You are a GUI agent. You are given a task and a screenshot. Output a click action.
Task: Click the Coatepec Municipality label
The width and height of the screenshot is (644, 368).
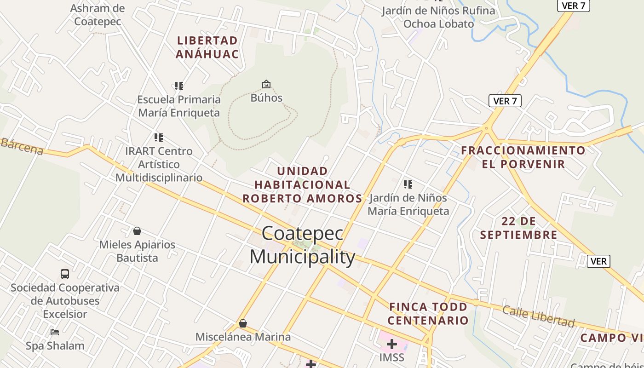tap(302, 245)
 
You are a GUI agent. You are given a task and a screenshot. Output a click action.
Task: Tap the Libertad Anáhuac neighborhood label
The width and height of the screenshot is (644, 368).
tap(207, 47)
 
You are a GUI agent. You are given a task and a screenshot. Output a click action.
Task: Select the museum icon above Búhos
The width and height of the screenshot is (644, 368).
tap(266, 84)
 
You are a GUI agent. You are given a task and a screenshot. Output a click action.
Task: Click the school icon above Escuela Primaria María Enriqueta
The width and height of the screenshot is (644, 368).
tap(179, 86)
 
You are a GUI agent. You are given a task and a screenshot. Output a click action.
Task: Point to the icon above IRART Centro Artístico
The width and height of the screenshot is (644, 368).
tap(159, 137)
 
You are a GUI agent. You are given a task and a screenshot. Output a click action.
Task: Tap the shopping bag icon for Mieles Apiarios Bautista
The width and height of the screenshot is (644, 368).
tap(137, 231)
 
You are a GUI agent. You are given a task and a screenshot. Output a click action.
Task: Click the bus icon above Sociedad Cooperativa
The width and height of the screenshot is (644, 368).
tap(65, 274)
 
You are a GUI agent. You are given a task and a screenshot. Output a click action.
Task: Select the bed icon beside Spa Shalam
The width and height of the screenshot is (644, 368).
tap(55, 332)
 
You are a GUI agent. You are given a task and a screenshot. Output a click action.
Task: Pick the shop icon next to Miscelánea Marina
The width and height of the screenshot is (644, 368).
tap(243, 324)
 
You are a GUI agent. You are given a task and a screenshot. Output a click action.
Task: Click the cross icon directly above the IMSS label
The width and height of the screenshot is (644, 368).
tap(392, 344)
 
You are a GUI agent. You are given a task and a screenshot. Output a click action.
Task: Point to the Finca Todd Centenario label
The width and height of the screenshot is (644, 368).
tap(428, 313)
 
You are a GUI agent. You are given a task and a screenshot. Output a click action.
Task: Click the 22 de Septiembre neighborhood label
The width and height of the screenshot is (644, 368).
tap(519, 228)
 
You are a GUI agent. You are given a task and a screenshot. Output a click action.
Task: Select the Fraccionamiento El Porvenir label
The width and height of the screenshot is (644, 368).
tap(523, 157)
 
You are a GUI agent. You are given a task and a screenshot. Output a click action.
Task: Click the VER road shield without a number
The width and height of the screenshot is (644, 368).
tap(598, 261)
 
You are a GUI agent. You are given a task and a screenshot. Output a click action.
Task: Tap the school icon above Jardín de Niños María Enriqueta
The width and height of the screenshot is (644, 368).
tap(408, 184)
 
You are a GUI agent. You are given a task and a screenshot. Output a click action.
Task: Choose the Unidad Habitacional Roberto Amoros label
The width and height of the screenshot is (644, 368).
tap(303, 185)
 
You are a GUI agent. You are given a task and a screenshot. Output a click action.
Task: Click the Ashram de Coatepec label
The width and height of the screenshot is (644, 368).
tap(98, 15)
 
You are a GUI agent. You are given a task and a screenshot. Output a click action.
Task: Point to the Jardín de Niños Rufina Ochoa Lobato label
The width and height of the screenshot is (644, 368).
tap(438, 17)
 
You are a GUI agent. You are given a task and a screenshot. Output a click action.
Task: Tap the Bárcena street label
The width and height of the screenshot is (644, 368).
tap(22, 146)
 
